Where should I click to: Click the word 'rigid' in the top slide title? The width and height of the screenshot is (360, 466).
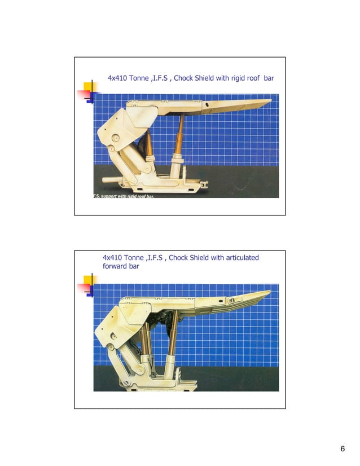point(239,78)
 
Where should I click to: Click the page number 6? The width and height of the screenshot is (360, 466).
point(343,449)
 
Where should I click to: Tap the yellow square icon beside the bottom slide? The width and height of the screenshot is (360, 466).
point(88,280)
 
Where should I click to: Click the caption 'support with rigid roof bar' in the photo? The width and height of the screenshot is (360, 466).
point(130,195)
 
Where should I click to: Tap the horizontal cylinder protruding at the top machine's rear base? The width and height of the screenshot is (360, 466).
point(110,181)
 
